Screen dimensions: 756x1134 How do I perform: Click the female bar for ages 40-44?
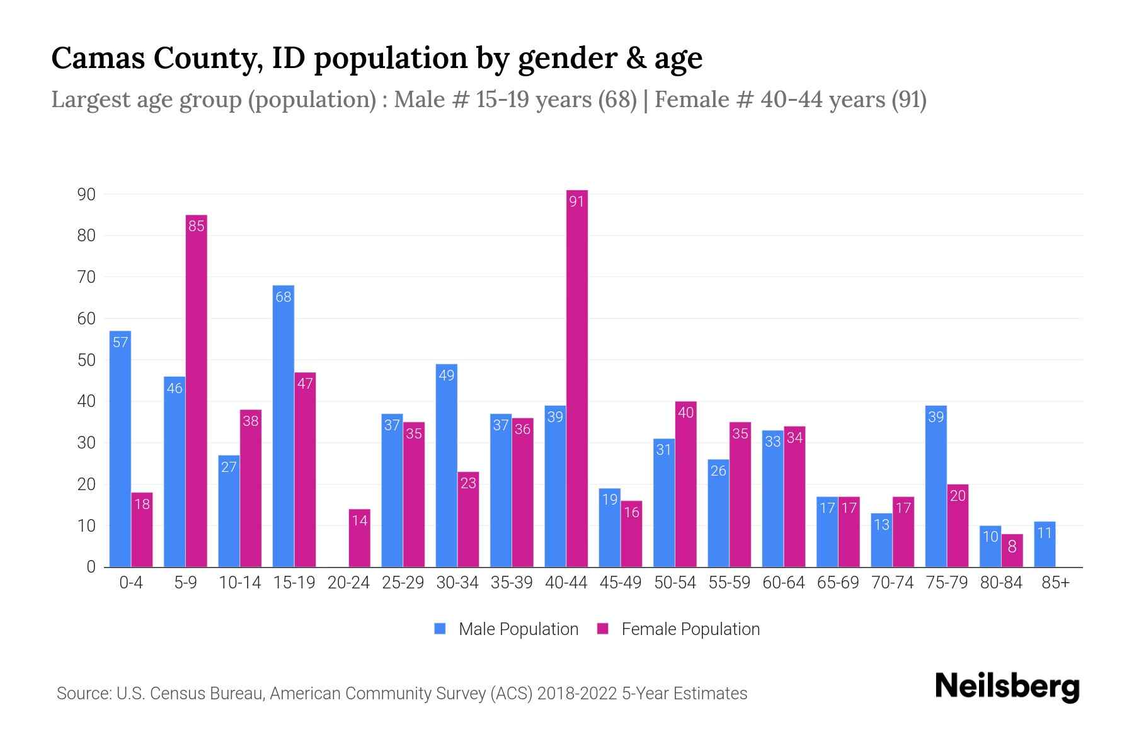coord(576,378)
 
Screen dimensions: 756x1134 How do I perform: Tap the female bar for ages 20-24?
coord(359,538)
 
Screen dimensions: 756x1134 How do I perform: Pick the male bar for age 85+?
coord(1045,544)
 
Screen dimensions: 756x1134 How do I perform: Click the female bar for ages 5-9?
coord(197,391)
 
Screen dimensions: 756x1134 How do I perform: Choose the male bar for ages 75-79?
coord(936,486)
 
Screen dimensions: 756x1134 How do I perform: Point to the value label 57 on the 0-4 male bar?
coord(120,342)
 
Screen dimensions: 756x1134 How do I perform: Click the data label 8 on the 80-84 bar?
coord(1012,547)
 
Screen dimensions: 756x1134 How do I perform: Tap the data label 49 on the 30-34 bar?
coord(446,375)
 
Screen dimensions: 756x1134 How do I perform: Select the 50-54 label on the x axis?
coord(675,583)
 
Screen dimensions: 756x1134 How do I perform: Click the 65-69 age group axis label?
coord(838,583)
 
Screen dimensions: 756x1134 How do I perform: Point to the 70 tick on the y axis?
coord(86,277)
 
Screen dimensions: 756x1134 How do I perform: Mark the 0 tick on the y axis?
coord(91,567)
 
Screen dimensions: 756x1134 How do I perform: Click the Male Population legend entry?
coord(518,629)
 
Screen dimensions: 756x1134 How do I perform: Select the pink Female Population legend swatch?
coord(603,629)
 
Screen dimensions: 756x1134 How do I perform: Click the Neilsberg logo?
coord(1007,687)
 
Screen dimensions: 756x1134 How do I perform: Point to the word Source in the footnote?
coord(83,694)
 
